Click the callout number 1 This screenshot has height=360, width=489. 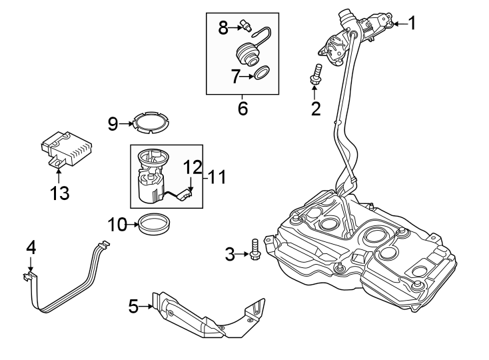[x=412, y=24]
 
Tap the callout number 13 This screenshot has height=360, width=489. [x=59, y=193]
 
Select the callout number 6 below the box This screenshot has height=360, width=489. [x=243, y=108]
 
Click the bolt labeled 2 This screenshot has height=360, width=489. [x=316, y=73]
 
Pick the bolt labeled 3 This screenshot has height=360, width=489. [x=254, y=251]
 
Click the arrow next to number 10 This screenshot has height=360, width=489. [x=133, y=225]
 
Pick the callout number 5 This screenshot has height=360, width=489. [x=133, y=306]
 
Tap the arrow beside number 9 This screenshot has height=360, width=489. [x=127, y=123]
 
